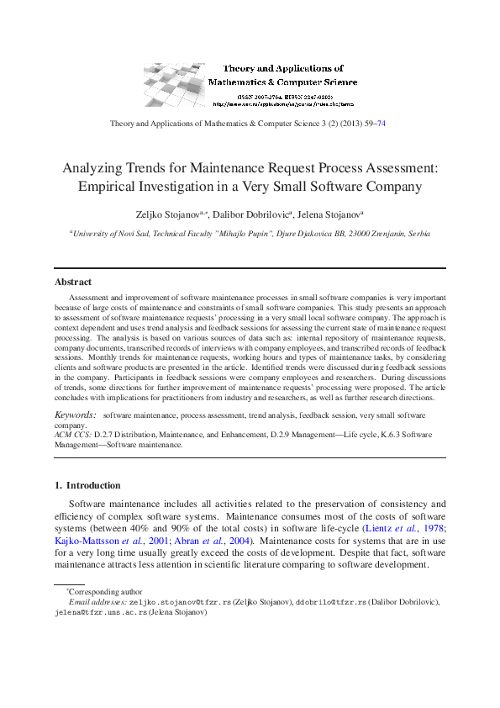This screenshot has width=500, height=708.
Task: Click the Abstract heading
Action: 73,282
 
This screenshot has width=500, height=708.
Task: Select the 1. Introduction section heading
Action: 87,485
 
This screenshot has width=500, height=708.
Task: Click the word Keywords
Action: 74,415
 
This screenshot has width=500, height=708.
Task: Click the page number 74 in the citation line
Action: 382,124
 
